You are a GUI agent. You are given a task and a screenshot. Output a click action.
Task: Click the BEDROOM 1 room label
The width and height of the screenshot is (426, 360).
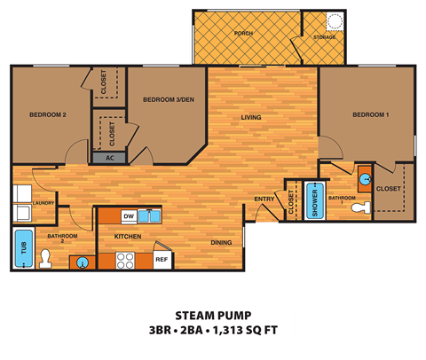click(x=369, y=115)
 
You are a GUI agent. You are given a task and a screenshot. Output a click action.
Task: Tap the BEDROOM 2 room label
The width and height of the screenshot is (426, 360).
click(x=47, y=113)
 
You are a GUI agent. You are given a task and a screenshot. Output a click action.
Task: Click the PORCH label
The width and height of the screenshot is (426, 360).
click(x=243, y=33)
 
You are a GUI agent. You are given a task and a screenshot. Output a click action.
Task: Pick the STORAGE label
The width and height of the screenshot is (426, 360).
click(x=325, y=37)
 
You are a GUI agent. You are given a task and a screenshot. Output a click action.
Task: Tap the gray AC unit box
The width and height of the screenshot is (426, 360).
click(x=110, y=157)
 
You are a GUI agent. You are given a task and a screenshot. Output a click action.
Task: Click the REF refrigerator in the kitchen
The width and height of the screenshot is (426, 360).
click(x=162, y=259)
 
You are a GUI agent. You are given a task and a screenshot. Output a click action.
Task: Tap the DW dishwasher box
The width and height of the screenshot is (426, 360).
click(x=129, y=215)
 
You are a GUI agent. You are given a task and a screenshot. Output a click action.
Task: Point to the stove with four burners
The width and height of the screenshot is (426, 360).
click(x=125, y=261)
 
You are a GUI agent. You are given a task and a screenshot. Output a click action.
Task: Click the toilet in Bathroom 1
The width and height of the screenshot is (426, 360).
click(x=359, y=208)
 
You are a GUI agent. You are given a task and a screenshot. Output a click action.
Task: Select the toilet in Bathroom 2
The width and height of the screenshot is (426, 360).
click(x=46, y=258)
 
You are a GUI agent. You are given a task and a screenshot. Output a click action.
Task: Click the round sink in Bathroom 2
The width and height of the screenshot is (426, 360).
click(x=83, y=262)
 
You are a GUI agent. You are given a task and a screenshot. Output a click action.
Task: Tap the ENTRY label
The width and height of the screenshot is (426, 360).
click(x=264, y=199)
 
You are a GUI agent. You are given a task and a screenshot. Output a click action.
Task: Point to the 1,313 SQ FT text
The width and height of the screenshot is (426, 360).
click(x=252, y=334)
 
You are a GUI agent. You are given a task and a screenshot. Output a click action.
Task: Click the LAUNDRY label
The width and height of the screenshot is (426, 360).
click(x=43, y=203)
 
